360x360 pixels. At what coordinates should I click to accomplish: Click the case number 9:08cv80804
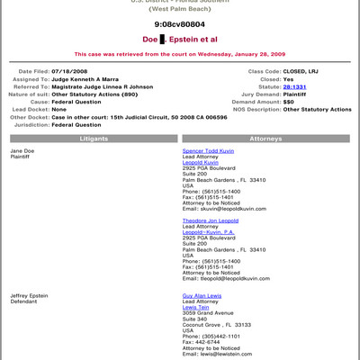coord(180,24)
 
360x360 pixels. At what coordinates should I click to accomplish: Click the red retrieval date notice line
coord(180,53)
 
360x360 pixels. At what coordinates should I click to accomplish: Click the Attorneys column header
coord(265,139)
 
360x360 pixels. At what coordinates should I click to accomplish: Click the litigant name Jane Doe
coord(22,150)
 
